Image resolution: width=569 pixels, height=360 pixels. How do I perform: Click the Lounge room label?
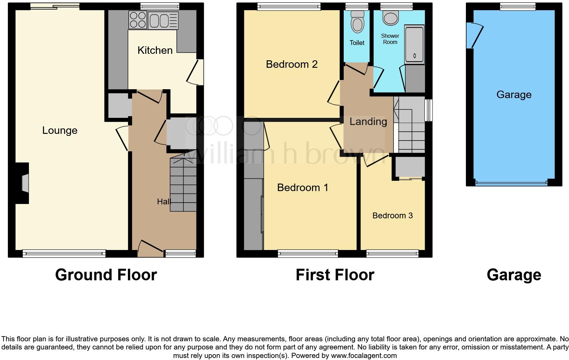point(60,130)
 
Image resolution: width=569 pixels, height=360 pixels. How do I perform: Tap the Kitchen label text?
point(155,50)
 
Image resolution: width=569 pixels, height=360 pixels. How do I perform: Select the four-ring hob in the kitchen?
point(138,20)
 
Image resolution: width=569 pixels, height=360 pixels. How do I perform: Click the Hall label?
point(164,202)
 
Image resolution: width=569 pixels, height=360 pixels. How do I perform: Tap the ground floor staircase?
point(183,184)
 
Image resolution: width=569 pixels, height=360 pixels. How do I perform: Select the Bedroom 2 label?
point(292,64)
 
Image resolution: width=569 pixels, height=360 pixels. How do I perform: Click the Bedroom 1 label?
point(303,187)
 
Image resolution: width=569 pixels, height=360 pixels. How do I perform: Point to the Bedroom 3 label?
point(392,216)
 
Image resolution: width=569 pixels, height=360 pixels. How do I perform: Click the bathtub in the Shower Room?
point(414,44)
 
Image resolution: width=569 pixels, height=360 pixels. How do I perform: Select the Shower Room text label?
point(390,39)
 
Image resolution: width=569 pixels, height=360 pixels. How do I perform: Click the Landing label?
point(368,122)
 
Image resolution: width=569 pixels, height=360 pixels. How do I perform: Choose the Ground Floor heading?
point(106,275)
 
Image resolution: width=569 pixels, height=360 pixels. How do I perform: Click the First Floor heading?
point(335,275)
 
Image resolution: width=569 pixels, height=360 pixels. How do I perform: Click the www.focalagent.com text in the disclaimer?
point(364,356)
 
